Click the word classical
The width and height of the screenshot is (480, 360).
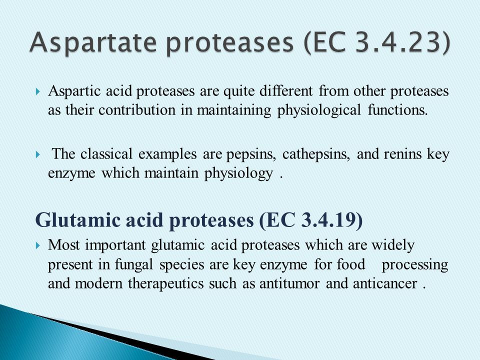tap(106, 153)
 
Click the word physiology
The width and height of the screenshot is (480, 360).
tap(238, 174)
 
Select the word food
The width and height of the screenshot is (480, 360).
tap(351, 264)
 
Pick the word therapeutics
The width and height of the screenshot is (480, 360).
tap(165, 284)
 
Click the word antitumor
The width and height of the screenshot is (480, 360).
tap(289, 284)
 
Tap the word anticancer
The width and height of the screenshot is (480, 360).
tap(385, 284)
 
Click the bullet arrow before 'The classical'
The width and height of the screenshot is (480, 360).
tap(38, 154)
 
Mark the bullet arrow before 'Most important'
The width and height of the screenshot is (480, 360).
tap(38, 245)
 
